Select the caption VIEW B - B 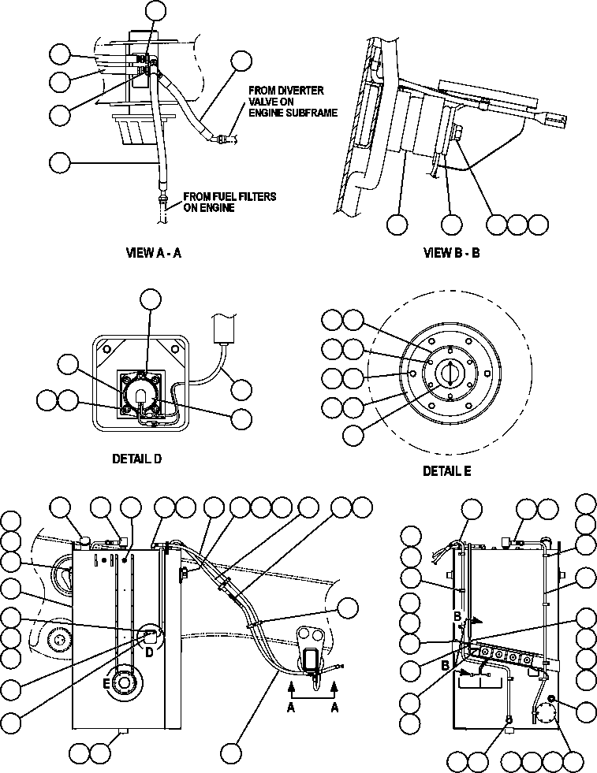point(452,253)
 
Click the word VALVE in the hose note point(262,102)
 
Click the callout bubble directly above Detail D point(150,299)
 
